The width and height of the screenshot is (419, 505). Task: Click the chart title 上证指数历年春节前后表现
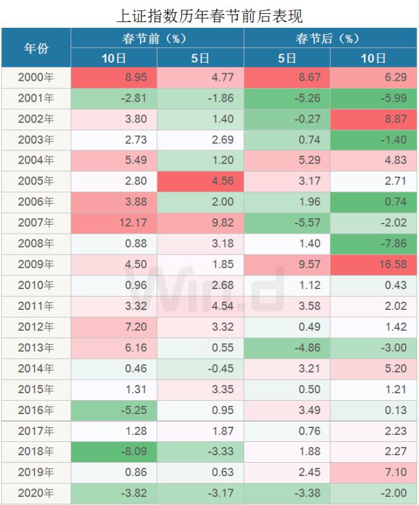coord(209,14)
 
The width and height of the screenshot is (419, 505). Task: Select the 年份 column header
coord(36,48)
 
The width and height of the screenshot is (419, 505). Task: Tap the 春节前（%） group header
coord(157,38)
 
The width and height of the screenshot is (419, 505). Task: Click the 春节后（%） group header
coord(331,38)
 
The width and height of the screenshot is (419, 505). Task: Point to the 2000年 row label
coord(36,77)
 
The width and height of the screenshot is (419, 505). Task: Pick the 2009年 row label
coord(36,264)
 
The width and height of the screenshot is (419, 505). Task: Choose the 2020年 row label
coord(36,494)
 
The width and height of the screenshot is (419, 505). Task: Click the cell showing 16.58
coord(374,264)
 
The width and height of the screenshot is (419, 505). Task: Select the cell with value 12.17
coord(114,223)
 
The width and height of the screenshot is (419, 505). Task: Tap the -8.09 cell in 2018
coord(114,452)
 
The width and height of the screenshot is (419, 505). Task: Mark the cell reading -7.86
coord(374,244)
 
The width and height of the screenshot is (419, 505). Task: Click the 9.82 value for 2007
coord(200,223)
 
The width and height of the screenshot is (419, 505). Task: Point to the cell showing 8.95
coord(114,77)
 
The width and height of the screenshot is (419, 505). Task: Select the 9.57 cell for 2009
coord(287,264)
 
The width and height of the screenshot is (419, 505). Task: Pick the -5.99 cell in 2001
coord(374,98)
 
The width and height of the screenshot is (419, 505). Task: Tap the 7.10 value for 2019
coord(374,473)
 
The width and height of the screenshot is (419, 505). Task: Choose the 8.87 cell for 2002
coord(374,119)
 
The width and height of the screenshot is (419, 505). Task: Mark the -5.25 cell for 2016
coord(114,410)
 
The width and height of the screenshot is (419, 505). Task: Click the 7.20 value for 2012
coord(114,327)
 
